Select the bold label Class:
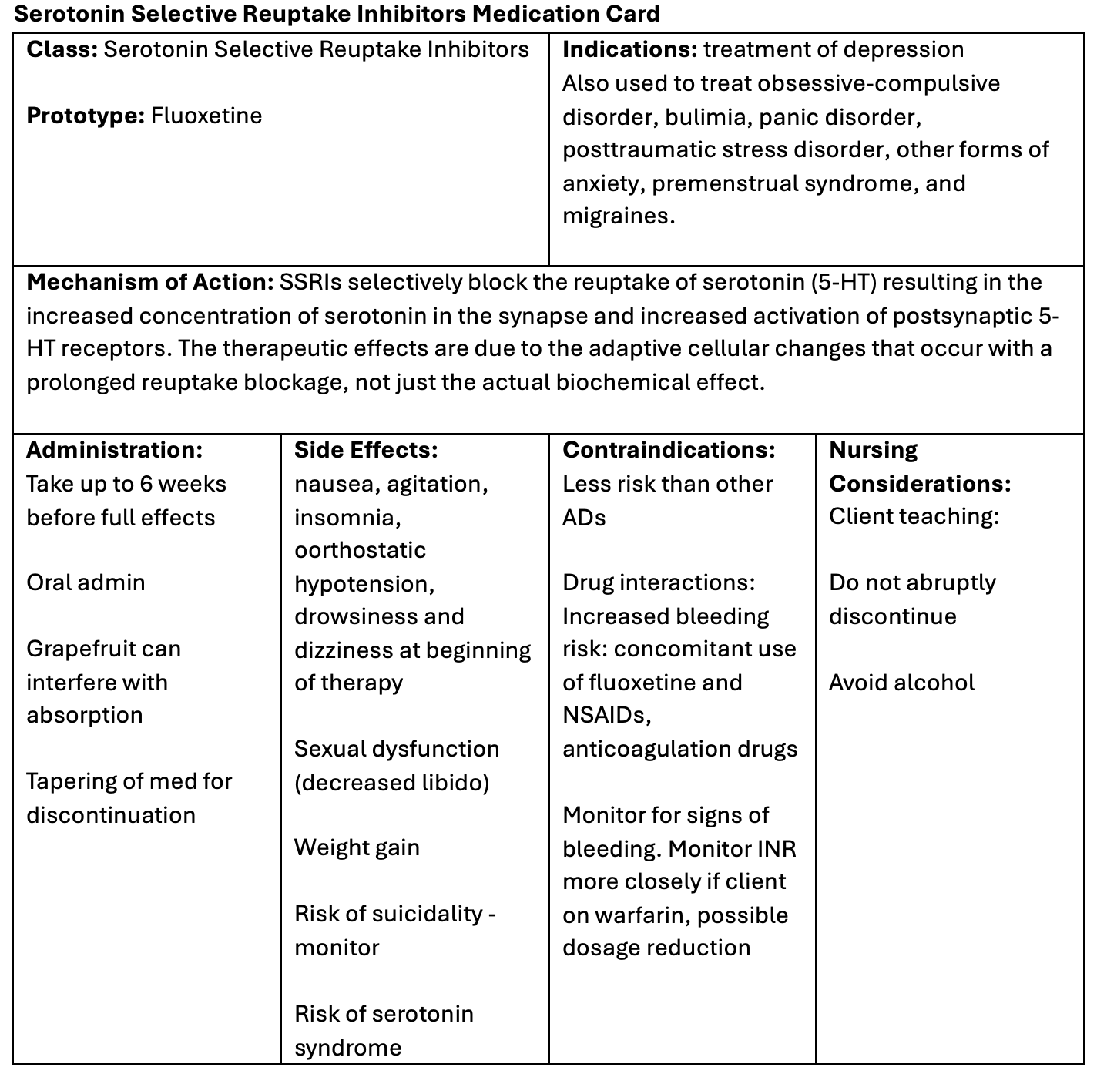click(62, 49)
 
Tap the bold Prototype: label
click(86, 116)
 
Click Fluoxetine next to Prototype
click(206, 116)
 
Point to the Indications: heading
click(629, 49)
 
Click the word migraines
click(618, 216)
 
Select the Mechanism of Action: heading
click(150, 282)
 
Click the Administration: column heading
click(115, 450)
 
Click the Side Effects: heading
click(366, 450)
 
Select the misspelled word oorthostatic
click(360, 550)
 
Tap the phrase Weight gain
click(357, 847)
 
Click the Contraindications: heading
click(669, 450)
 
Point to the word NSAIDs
click(606, 715)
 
